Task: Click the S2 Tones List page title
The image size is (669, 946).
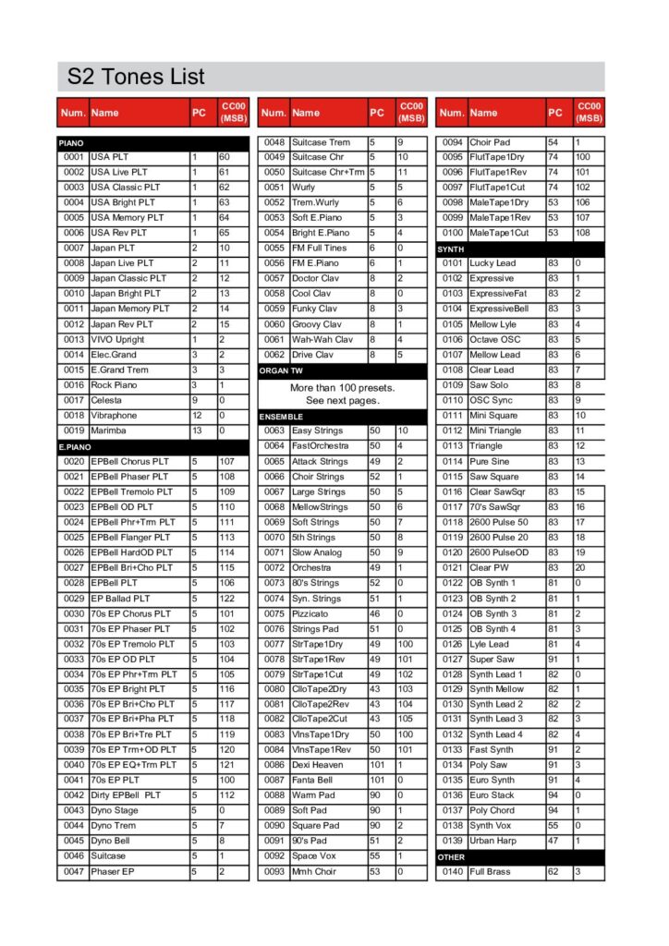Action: pyautogui.click(x=131, y=77)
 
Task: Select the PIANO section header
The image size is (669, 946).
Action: pyautogui.click(x=71, y=143)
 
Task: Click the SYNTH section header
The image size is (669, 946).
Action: pyautogui.click(x=452, y=249)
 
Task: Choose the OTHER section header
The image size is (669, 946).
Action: pyautogui.click(x=452, y=857)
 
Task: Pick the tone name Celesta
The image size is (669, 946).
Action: pyautogui.click(x=106, y=401)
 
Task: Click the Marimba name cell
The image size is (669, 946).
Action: pyautogui.click(x=109, y=431)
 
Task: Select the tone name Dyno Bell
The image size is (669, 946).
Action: pyautogui.click(x=111, y=842)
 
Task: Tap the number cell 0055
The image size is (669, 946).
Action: pyautogui.click(x=274, y=249)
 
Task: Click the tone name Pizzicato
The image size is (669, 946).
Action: pyautogui.click(x=312, y=613)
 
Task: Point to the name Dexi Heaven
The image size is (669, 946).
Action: pyautogui.click(x=318, y=766)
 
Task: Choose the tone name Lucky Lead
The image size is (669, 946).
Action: pyautogui.click(x=493, y=263)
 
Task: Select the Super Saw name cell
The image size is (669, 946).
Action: pyautogui.click(x=492, y=660)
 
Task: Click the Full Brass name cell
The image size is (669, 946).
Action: pyautogui.click(x=491, y=872)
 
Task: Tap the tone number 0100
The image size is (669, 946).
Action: pyautogui.click(x=452, y=233)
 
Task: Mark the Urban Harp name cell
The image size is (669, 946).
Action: pyautogui.click(x=493, y=842)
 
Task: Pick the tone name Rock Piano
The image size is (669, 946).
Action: pyautogui.click(x=115, y=385)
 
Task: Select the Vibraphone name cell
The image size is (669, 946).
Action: pyautogui.click(x=114, y=416)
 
